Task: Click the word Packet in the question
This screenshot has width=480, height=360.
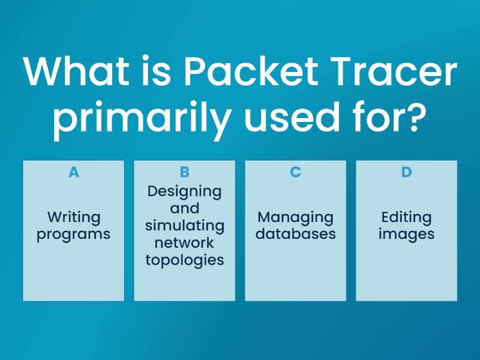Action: [x=251, y=71]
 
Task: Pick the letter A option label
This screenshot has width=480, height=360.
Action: [x=74, y=172]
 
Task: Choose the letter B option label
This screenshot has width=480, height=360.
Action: [x=185, y=172]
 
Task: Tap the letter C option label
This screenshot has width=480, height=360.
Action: [x=295, y=172]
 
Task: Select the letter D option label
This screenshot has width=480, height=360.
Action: [x=407, y=172]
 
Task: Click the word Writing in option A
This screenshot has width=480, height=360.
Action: [x=74, y=218]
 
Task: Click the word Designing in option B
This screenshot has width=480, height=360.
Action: [x=185, y=192]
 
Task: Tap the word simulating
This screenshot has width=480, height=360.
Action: [x=185, y=226]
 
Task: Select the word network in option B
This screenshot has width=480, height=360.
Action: [x=184, y=243]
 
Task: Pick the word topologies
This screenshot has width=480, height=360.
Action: [x=185, y=260]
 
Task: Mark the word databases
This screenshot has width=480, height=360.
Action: [x=295, y=234]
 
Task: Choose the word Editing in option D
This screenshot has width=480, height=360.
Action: [x=407, y=218]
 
